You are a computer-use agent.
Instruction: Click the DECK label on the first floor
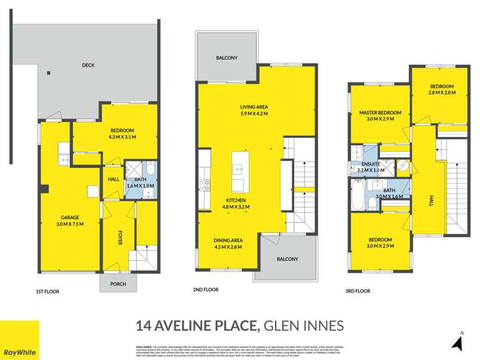[x=88, y=65]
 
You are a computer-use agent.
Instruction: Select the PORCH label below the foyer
[x=119, y=284]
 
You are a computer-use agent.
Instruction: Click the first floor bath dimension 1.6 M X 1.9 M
[x=141, y=186]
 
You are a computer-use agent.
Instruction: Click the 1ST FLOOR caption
[x=47, y=291]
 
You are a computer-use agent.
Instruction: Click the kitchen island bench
[x=238, y=171]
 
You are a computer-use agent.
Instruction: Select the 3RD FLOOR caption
[x=359, y=291]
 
